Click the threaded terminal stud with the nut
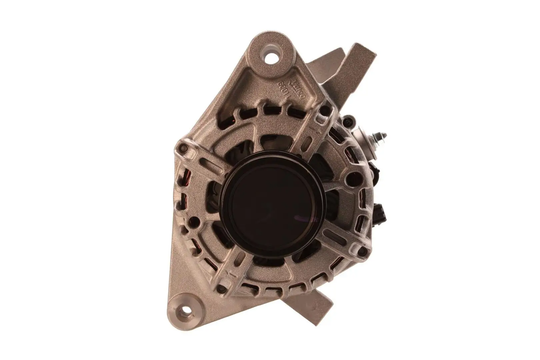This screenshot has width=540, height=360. (380, 136)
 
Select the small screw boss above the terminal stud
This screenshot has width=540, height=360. (349, 118)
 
